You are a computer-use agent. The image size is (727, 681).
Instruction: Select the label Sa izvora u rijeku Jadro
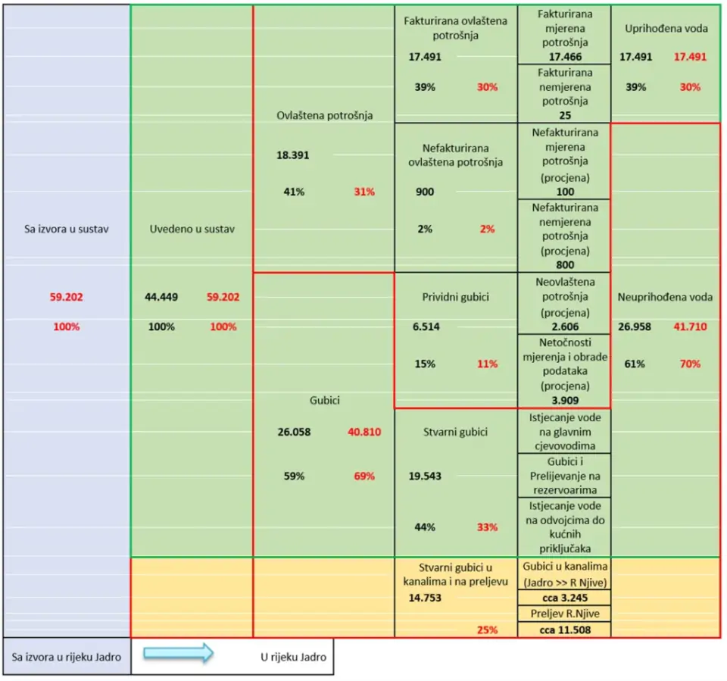(x=66, y=657)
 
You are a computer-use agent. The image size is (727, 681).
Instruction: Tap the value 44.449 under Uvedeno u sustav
(x=161, y=297)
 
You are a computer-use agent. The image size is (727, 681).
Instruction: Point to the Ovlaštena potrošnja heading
(x=325, y=116)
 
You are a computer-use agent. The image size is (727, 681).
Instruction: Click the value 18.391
(x=293, y=155)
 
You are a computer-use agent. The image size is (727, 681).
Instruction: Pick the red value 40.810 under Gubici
(x=364, y=432)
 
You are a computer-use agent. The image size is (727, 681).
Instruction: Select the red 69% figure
(x=364, y=476)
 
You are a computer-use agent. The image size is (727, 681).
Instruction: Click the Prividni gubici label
(x=455, y=297)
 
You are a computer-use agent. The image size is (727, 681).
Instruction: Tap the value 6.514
(x=426, y=327)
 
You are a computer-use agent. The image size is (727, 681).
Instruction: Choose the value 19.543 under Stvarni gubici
(x=426, y=476)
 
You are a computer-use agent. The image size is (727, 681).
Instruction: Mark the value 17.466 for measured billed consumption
(x=564, y=56)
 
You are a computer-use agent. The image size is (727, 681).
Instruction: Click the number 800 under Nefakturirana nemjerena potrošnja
(x=565, y=265)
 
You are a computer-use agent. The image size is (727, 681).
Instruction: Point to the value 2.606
(x=564, y=326)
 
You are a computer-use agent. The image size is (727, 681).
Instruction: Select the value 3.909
(x=564, y=400)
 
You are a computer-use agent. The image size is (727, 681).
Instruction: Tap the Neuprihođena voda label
(x=664, y=297)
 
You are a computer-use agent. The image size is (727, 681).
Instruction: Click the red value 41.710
(x=690, y=327)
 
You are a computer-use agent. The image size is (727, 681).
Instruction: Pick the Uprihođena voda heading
(x=666, y=29)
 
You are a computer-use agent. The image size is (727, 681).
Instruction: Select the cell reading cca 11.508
(x=564, y=629)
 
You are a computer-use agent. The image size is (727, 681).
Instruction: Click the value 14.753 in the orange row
(x=424, y=598)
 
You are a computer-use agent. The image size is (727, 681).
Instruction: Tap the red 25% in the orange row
(x=487, y=629)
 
